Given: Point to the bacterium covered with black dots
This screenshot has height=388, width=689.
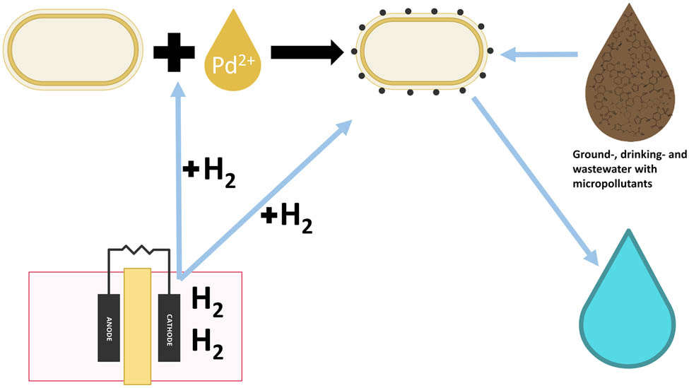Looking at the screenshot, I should coord(422,53).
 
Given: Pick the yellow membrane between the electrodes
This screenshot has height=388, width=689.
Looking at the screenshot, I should coord(137,325).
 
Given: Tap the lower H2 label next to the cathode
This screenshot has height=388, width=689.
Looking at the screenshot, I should coord(208,344).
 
